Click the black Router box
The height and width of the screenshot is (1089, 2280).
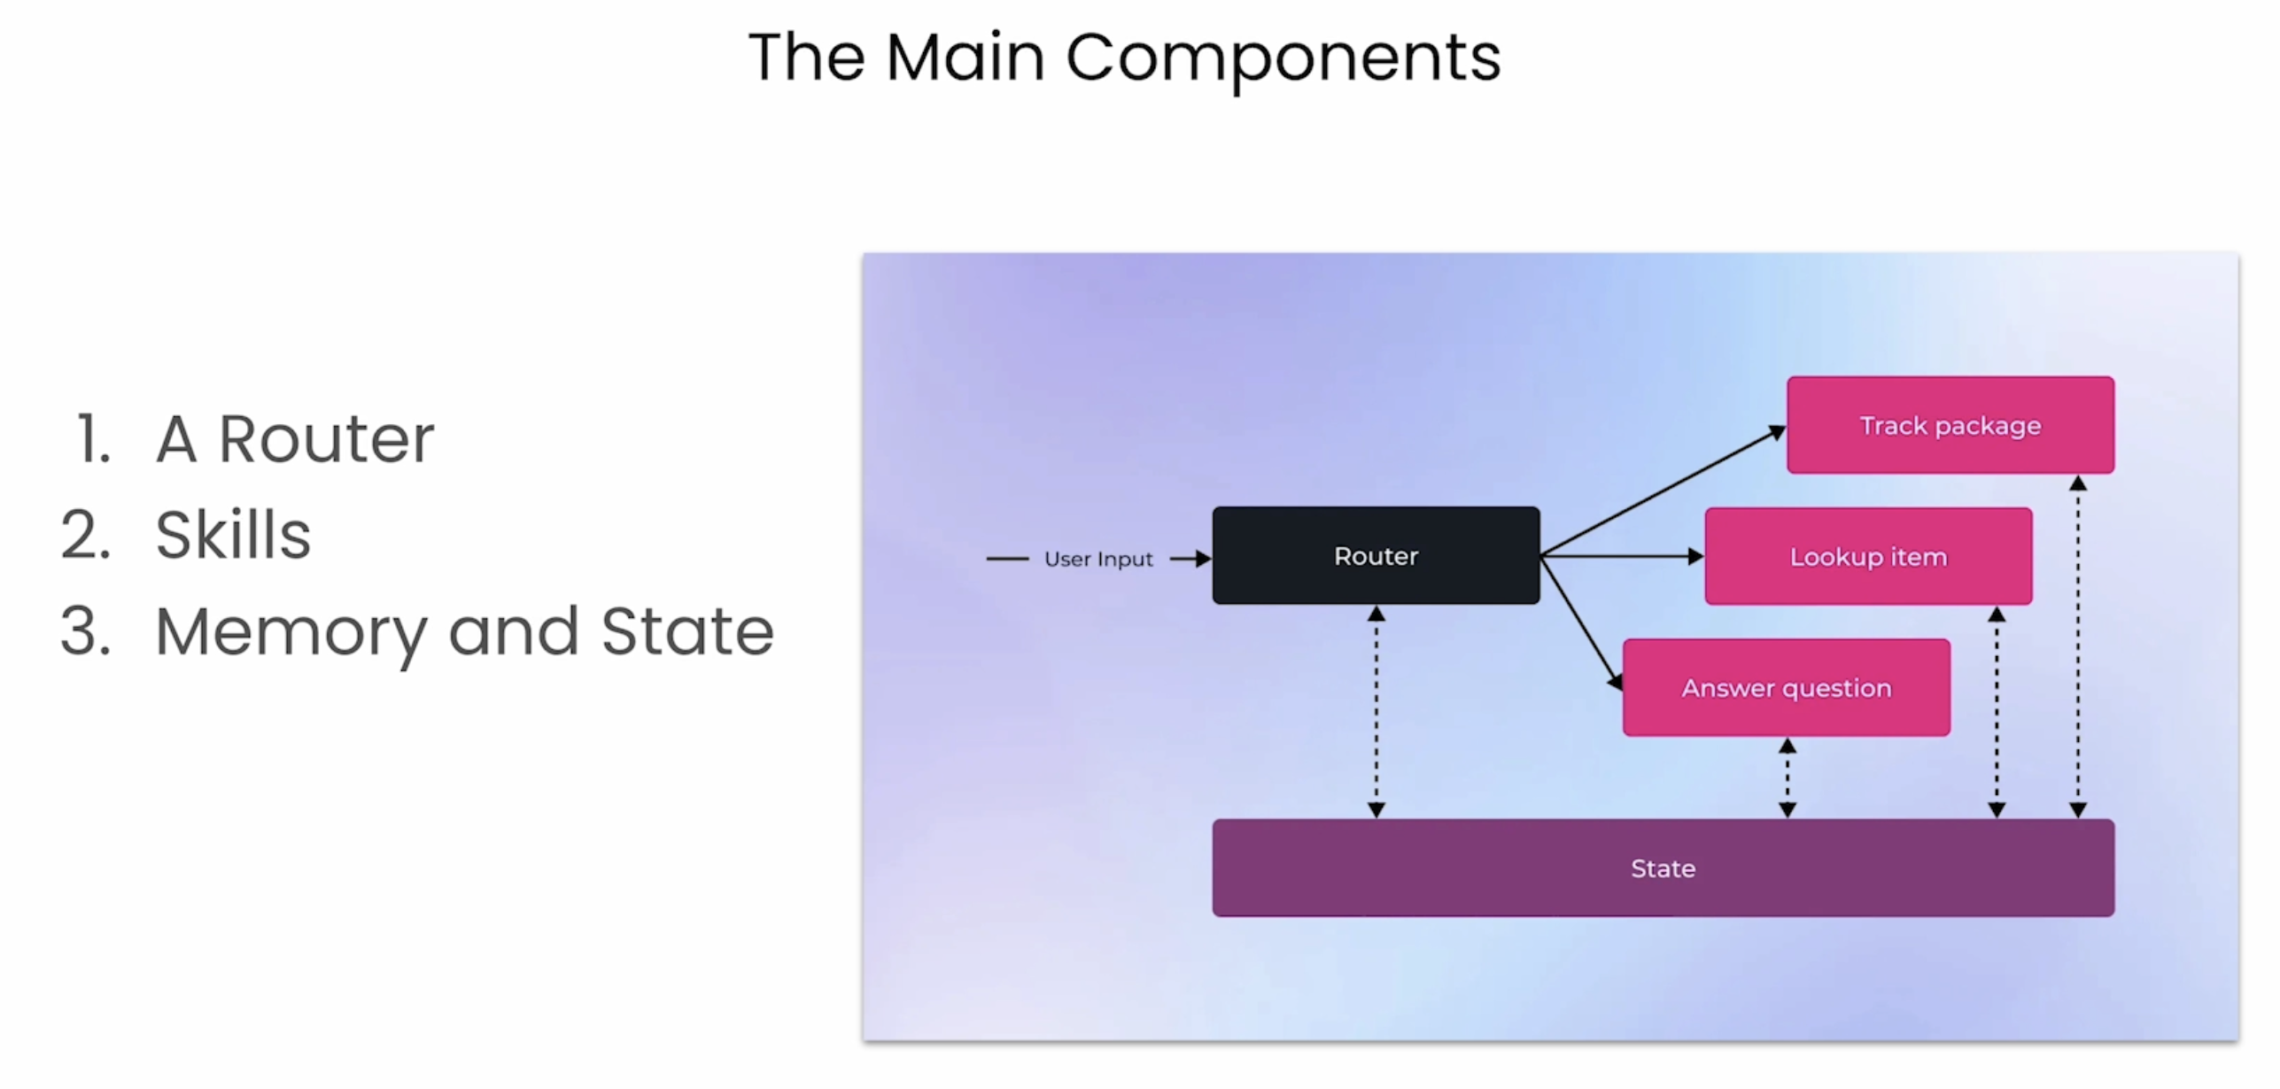pos(1376,555)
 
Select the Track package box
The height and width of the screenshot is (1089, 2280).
pos(1950,425)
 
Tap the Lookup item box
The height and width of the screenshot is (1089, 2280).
pos(1868,556)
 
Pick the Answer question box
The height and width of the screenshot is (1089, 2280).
pos(1787,687)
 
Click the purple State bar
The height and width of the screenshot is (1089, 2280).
pos(1663,868)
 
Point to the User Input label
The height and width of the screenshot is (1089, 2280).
pos(1098,559)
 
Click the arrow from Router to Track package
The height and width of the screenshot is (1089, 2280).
pos(1663,490)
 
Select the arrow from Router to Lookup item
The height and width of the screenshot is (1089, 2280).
pos(1623,556)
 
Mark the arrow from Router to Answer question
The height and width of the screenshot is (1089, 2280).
pos(1582,623)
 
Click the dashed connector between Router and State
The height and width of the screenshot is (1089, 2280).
pos(1376,712)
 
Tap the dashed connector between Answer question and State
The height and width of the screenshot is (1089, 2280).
pos(1788,777)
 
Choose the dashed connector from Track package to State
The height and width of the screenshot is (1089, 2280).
pos(2078,646)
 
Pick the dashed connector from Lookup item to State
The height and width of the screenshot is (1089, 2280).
pos(1997,712)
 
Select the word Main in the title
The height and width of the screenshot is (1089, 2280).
pos(966,57)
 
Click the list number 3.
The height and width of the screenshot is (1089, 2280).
pos(86,630)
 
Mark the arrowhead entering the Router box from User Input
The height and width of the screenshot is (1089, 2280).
pos(1204,559)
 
